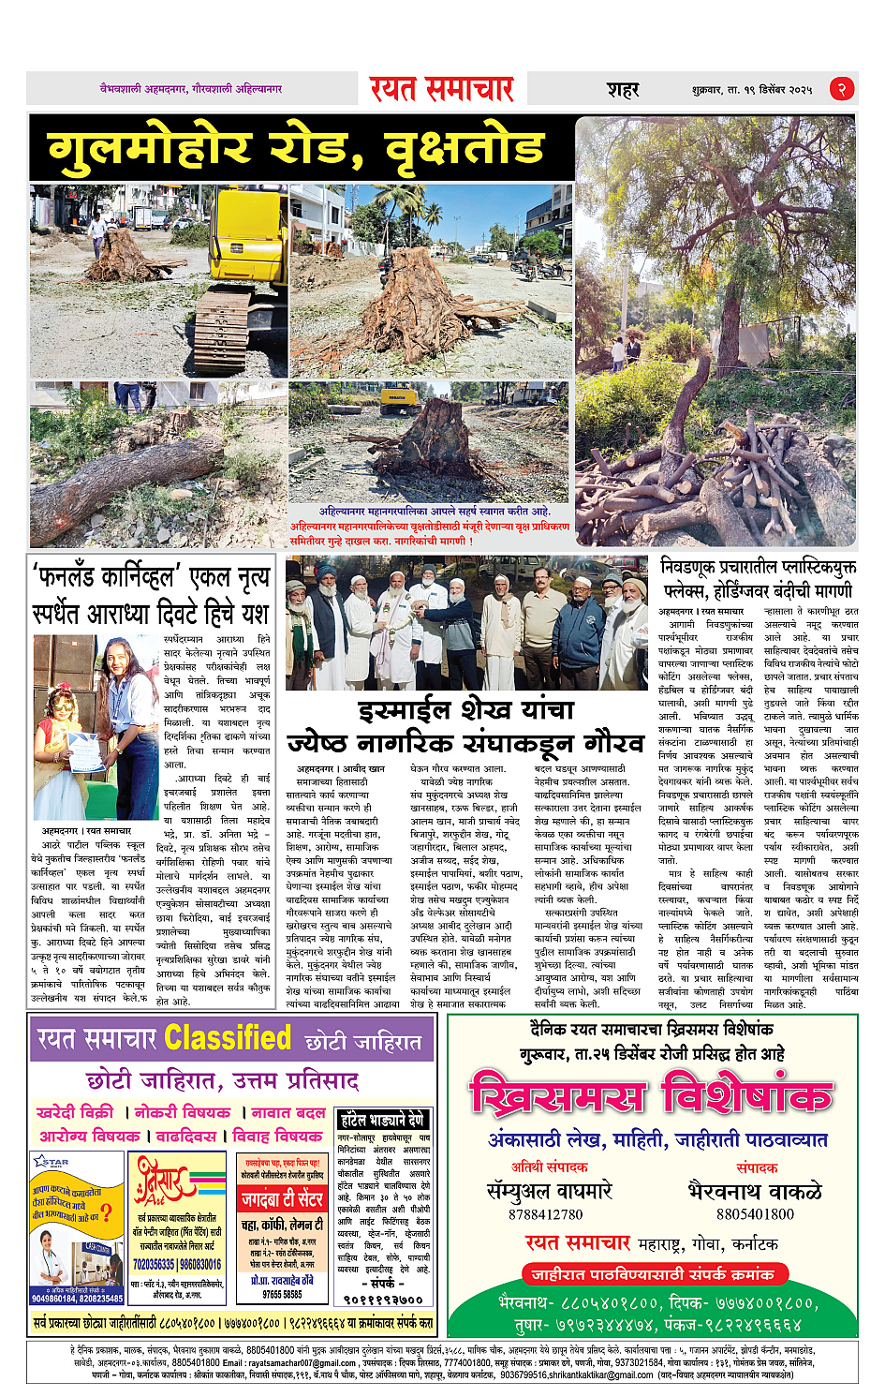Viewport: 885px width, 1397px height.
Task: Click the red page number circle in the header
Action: tap(841, 89)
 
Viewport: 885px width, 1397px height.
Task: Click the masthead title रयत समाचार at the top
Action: tap(441, 89)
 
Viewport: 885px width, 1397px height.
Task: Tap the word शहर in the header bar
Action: tap(623, 90)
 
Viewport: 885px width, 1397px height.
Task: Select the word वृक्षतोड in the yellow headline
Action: tap(465, 148)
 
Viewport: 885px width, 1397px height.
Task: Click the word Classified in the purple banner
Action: tap(228, 1038)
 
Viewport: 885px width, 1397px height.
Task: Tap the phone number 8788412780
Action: tap(546, 1214)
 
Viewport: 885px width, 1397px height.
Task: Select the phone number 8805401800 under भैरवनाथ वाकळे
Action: tap(755, 1214)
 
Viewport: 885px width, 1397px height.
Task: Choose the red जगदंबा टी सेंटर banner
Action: tap(282, 1198)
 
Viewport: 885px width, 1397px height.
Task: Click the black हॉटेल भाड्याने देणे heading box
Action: tap(383, 1120)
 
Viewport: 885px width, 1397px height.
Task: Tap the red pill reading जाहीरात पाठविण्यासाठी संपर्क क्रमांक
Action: tap(653, 1274)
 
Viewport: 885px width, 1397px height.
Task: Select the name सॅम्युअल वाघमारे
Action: tap(550, 1191)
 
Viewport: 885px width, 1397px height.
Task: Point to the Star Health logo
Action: tap(52, 1162)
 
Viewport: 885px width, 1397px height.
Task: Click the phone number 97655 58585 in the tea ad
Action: tap(282, 1294)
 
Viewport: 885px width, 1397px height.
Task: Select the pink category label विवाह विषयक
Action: tap(277, 1136)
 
